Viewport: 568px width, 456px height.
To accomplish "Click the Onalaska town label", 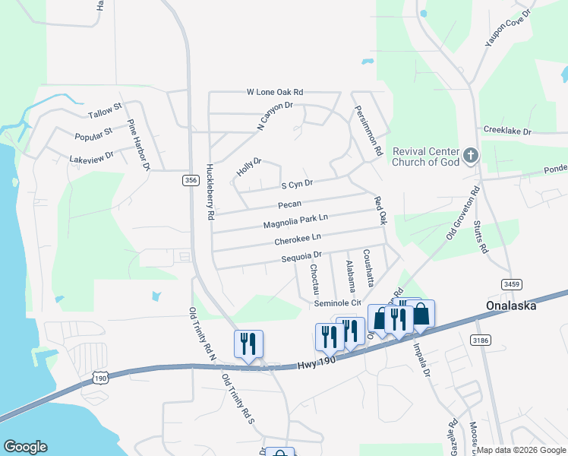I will coord(511,306).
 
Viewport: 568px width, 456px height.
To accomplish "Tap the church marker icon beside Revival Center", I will coord(471,157).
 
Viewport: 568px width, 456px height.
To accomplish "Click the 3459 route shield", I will coord(512,283).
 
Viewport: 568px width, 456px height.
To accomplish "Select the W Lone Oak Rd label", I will coord(275,91).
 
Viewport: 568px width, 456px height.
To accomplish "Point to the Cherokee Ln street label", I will coord(298,240).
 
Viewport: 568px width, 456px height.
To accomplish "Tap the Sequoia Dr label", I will coord(301,258).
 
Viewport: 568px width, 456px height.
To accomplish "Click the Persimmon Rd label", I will coord(367,131).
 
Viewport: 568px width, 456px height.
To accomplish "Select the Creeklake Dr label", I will coord(507,131).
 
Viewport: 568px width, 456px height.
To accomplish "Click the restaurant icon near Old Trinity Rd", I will coord(248,343).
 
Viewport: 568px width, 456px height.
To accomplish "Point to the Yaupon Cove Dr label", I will coord(509,27).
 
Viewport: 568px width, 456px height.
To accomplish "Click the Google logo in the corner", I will coord(25,447).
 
